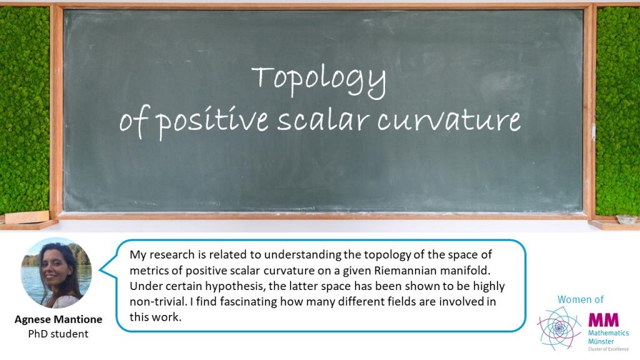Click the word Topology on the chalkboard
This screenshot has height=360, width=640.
click(x=318, y=81)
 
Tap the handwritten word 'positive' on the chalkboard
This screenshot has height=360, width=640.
click(x=213, y=120)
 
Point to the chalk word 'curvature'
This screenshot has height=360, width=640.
click(x=449, y=121)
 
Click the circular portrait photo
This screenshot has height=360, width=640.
click(x=56, y=273)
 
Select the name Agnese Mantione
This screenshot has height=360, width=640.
click(x=58, y=319)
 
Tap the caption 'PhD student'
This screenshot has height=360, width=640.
click(x=58, y=334)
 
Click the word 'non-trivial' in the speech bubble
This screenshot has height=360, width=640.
click(x=158, y=302)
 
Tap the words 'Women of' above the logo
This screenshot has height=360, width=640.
click(x=581, y=299)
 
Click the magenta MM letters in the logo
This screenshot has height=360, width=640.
click(x=603, y=319)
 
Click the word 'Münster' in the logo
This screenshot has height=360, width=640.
click(x=601, y=341)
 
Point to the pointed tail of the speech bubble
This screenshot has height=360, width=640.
click(x=101, y=270)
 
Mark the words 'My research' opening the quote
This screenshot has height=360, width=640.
click(x=162, y=255)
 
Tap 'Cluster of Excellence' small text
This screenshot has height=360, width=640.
click(x=608, y=349)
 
